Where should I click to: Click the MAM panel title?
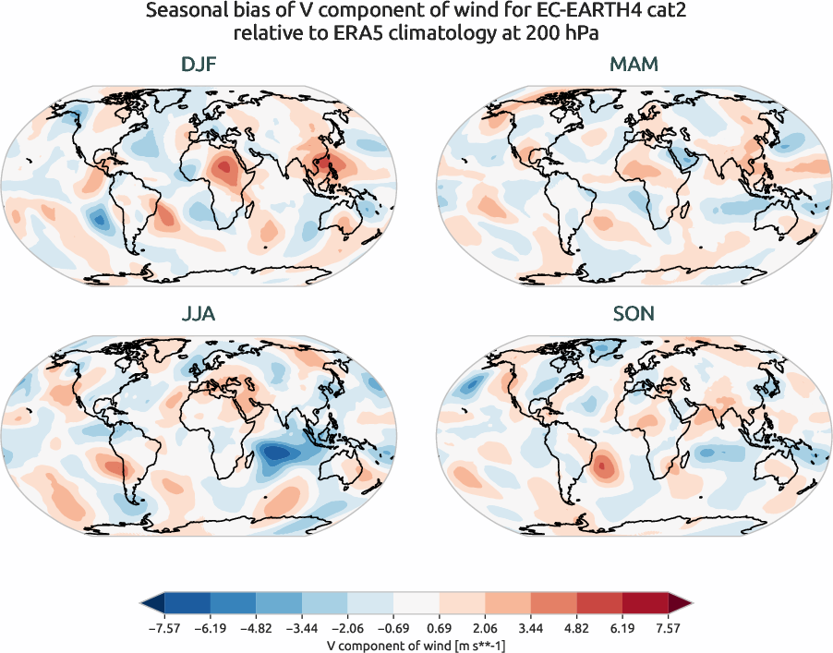(x=634, y=66)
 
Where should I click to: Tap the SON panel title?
(x=634, y=314)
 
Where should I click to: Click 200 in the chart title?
(x=544, y=34)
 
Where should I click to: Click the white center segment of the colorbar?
(x=416, y=603)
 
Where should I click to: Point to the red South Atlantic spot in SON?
(x=601, y=466)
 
